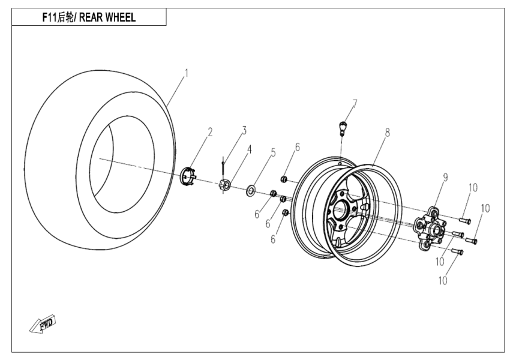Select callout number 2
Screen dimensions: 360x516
(x=211, y=132)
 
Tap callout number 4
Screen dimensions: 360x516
(x=250, y=148)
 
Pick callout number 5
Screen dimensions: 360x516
(x=273, y=152)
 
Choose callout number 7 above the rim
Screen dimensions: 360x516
(x=355, y=104)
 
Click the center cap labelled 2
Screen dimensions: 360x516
(x=189, y=178)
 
